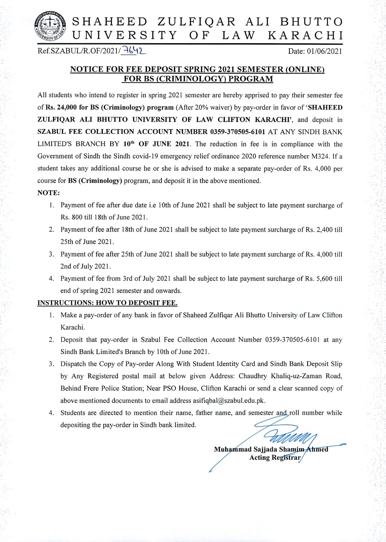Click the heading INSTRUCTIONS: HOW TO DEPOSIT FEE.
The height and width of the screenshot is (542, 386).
[108, 303]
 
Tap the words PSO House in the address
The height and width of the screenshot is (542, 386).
[187, 388]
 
